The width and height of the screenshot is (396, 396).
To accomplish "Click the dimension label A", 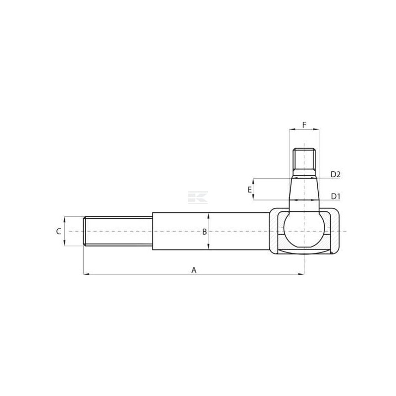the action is (194, 270).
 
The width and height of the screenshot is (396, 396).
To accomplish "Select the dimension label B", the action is (204, 232).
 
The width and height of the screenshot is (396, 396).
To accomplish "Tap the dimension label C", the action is (58, 231).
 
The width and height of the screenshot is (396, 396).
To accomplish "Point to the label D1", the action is (336, 196).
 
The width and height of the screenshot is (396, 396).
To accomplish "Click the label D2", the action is (336, 174).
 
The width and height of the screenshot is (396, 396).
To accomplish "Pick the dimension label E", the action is (249, 190).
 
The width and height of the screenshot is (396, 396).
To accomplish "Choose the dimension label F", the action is (304, 125).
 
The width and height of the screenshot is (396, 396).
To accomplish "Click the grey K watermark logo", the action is (198, 197).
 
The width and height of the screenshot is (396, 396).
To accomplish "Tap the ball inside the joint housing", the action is (304, 229).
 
